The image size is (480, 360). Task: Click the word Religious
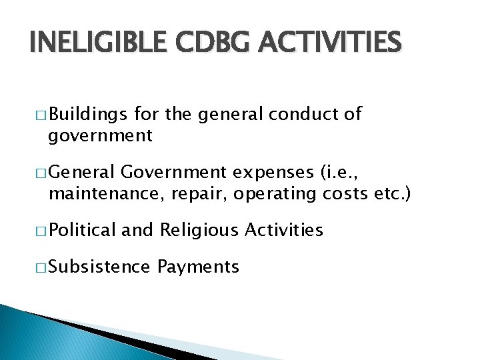199,231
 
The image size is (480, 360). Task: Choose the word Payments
198,267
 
